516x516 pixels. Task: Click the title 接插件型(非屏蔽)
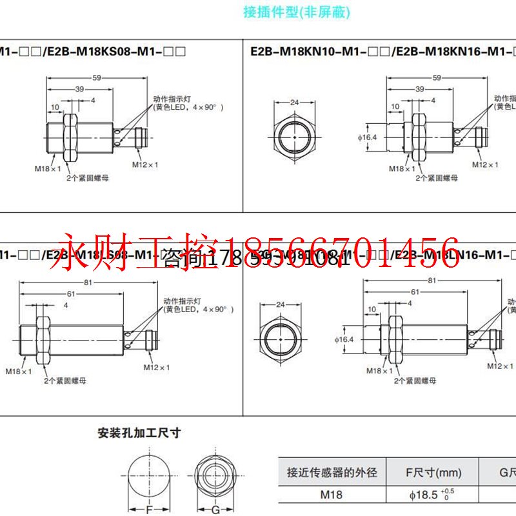(296, 13)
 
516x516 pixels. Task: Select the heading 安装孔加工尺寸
(139, 433)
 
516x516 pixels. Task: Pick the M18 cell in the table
(332, 495)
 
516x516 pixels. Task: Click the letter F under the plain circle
(149, 510)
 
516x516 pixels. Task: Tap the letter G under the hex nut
(216, 510)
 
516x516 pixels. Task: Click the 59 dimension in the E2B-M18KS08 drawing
(97, 79)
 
